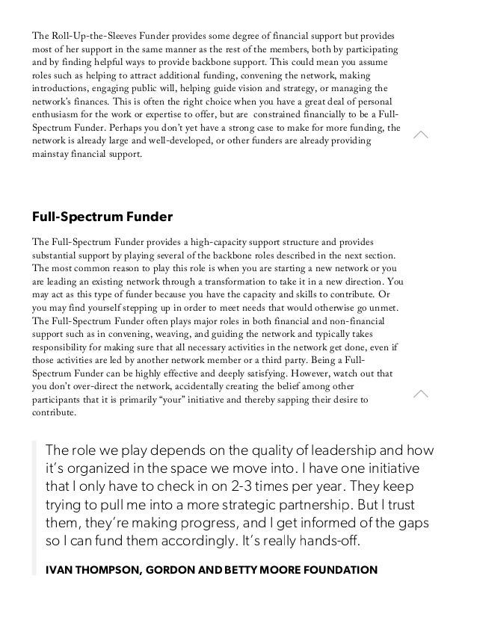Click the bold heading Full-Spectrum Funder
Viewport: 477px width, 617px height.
pos(102,217)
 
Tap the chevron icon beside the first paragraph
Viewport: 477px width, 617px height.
pos(421,134)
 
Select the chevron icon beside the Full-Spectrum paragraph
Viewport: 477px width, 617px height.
pos(421,394)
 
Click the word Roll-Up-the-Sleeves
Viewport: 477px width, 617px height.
pos(90,36)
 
